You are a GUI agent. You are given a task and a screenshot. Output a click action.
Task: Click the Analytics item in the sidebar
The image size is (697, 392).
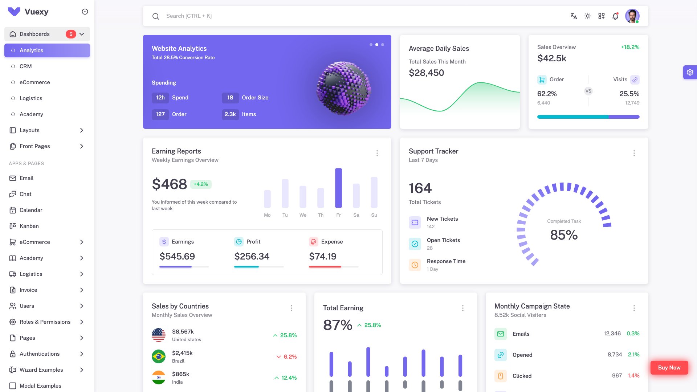(x=47, y=50)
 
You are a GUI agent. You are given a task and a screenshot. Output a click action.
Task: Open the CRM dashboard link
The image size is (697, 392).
(x=26, y=66)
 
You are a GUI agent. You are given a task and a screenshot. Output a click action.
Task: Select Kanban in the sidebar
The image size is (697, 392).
(x=29, y=226)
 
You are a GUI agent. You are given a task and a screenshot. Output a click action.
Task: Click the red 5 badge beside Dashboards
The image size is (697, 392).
(x=71, y=34)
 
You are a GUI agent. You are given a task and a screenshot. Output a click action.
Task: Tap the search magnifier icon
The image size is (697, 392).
(x=156, y=16)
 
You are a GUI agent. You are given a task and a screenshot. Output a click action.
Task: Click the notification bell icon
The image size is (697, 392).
(x=615, y=16)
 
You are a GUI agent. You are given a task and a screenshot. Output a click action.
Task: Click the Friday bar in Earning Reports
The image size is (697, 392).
(x=338, y=188)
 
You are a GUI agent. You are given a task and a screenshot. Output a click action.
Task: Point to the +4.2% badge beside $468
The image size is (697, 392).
(x=201, y=184)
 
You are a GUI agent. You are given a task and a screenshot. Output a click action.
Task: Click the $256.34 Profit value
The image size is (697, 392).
(x=252, y=257)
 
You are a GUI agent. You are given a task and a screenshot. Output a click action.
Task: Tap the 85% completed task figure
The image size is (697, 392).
(x=564, y=235)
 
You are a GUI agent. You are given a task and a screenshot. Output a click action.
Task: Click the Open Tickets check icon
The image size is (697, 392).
(x=415, y=244)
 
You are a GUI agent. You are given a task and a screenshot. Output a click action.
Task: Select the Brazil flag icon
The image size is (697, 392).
(x=159, y=356)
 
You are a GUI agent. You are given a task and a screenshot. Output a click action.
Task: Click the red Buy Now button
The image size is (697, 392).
(x=669, y=368)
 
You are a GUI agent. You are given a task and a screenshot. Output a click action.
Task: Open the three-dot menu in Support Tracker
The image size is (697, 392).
(x=634, y=153)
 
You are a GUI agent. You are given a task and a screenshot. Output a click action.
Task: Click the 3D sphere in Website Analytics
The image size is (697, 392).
(x=343, y=88)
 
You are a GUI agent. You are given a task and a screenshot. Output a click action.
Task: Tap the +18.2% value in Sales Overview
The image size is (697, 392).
(x=630, y=47)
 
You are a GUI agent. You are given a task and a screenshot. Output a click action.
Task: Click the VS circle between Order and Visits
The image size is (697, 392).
(x=588, y=91)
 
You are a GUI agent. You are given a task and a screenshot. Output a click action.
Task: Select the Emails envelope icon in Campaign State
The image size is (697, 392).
(x=501, y=334)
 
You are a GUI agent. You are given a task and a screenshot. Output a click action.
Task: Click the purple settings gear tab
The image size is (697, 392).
(x=690, y=73)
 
